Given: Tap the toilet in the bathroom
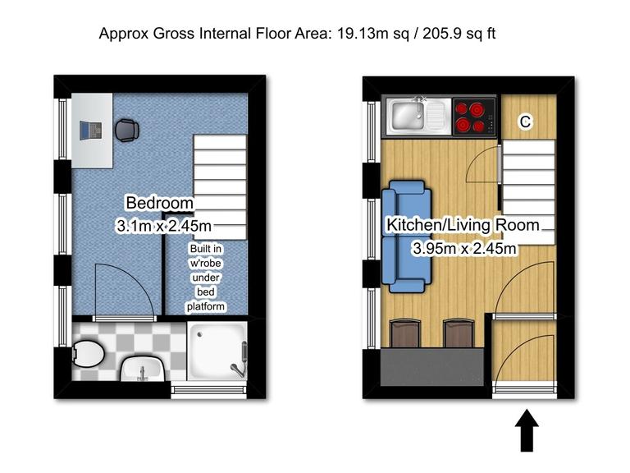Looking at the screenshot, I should point(86,356).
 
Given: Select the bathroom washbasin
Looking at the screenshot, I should point(141,370).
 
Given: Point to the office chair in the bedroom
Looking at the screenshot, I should point(126,130).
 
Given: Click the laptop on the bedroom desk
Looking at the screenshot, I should point(91,130).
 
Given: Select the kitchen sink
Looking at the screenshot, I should point(409,116).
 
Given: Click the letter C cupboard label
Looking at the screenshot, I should point(526,122).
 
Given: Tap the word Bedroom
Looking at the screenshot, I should point(159,203).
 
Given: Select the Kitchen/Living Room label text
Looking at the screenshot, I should point(463,225).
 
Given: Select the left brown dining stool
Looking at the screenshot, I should point(405,333).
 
